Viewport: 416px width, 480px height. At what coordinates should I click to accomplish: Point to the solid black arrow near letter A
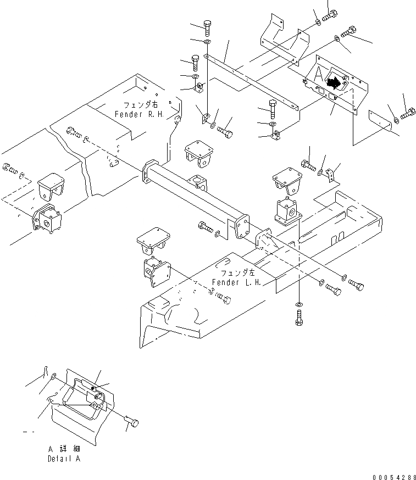click(x=333, y=83)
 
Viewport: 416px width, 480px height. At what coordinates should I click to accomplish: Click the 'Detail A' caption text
click(x=64, y=459)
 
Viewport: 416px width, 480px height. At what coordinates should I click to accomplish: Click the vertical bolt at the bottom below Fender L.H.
click(x=299, y=318)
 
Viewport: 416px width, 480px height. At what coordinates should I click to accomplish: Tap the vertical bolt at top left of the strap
click(x=207, y=26)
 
